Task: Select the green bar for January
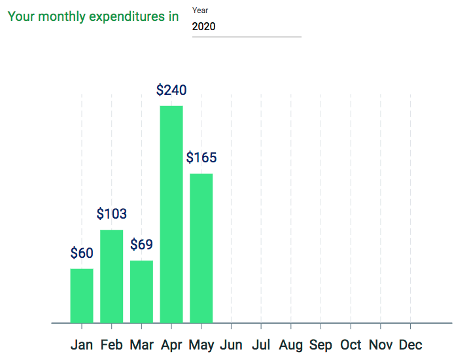pyautogui.click(x=82, y=295)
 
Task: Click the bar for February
pyautogui.click(x=111, y=276)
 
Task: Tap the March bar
pyautogui.click(x=141, y=291)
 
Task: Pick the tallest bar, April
pyautogui.click(x=171, y=214)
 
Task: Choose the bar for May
pyautogui.click(x=201, y=248)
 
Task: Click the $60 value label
pyautogui.click(x=82, y=253)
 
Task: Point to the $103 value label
pyautogui.click(x=111, y=213)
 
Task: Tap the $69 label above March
pyautogui.click(x=141, y=245)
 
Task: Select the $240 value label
pyautogui.click(x=171, y=90)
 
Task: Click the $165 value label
pyautogui.click(x=201, y=158)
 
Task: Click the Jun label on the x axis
pyautogui.click(x=231, y=345)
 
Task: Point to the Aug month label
pyautogui.click(x=290, y=345)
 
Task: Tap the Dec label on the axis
pyautogui.click(x=410, y=345)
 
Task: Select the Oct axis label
pyautogui.click(x=351, y=345)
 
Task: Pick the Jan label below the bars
pyautogui.click(x=82, y=345)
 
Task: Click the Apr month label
pyautogui.click(x=171, y=345)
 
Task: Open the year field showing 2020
pyautogui.click(x=246, y=27)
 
